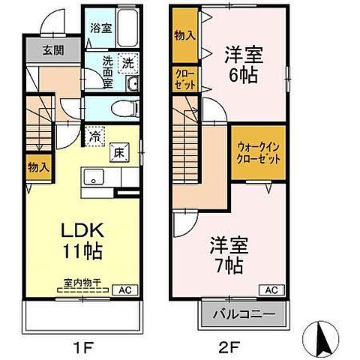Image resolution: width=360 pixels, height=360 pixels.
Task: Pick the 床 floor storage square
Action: [118, 151]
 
